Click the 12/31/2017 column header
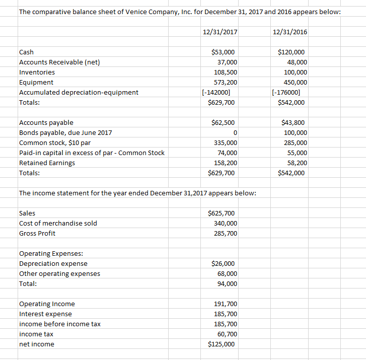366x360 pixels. [x=219, y=32]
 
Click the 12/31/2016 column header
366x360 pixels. [x=289, y=32]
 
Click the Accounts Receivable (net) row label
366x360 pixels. [x=59, y=62]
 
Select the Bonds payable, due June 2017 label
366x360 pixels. [x=65, y=133]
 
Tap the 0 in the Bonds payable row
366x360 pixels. [x=235, y=133]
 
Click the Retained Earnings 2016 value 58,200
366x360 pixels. [x=297, y=163]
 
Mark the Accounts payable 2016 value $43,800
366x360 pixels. [x=295, y=123]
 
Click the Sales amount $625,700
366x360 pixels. [x=223, y=213]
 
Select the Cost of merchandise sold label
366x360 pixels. [x=58, y=224]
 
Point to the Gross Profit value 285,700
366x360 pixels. [x=226, y=234]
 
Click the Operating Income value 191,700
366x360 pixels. [x=226, y=304]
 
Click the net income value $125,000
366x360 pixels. [x=223, y=344]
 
